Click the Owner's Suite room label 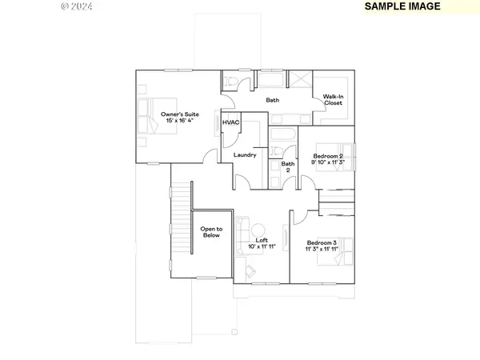179,114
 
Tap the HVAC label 231,122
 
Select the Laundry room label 244,154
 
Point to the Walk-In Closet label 334,100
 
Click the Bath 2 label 287,167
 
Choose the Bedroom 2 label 327,155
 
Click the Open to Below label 211,233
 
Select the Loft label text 261,239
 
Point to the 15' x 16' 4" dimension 179,121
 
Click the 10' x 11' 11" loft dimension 261,246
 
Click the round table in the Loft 285,238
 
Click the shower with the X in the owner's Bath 300,81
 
